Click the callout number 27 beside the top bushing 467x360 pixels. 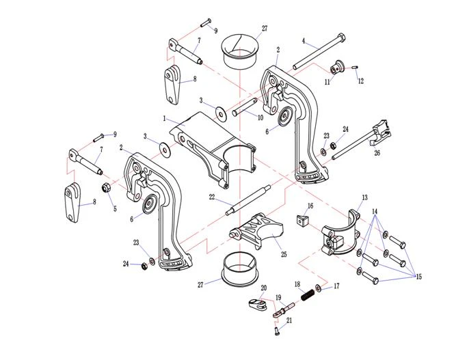coord(265,28)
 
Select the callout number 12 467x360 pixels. coord(361,81)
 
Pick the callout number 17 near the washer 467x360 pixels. coord(336,287)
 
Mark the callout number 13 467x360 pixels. coord(364,197)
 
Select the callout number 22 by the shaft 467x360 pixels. coord(212,197)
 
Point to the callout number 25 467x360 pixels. coord(284,255)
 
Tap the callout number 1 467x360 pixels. coord(165,118)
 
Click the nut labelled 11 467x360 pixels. coord(336,68)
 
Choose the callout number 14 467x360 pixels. coord(375,212)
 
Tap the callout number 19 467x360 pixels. coord(279,297)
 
